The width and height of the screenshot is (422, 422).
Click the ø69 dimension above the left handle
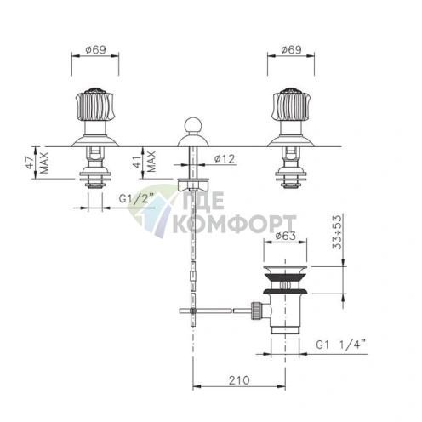click(x=95, y=50)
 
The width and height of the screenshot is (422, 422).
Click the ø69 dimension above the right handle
click(x=291, y=50)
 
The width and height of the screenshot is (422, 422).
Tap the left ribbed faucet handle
click(x=94, y=105)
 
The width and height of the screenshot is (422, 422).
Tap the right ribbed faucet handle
click(x=291, y=105)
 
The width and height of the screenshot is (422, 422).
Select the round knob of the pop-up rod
click(x=193, y=125)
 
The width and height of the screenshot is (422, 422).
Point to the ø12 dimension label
click(x=225, y=159)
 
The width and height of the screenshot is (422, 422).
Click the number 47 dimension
click(x=31, y=163)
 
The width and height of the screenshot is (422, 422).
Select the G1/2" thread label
click(x=136, y=198)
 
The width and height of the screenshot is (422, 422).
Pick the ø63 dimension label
click(x=285, y=236)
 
